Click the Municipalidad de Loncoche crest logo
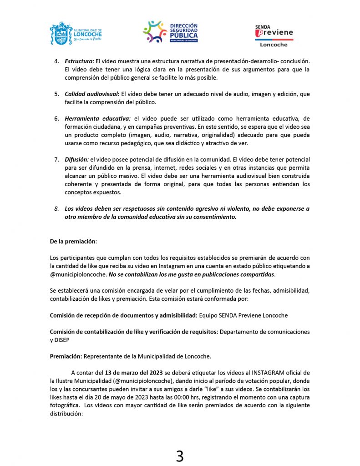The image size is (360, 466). click(61, 33)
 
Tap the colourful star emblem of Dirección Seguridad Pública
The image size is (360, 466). click(155, 31)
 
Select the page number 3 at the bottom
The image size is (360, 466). click(180, 456)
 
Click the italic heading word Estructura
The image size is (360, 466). click(79, 61)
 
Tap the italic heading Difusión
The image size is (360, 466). click(76, 160)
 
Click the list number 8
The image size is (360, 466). click(56, 209)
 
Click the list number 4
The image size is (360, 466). click(56, 61)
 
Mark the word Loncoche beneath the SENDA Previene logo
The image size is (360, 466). click(274, 45)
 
